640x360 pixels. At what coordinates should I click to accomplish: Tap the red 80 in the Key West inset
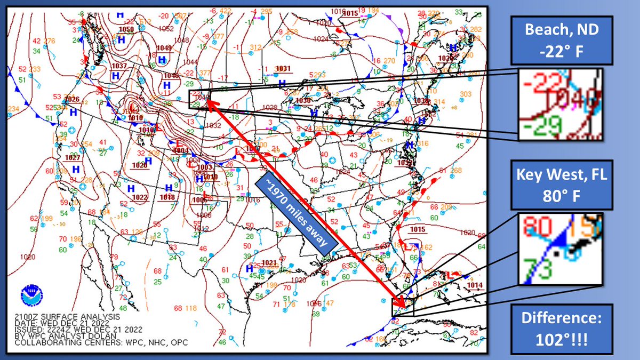[537, 227]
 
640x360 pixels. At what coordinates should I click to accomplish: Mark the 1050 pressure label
[127, 29]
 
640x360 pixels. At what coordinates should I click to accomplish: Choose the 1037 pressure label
[119, 66]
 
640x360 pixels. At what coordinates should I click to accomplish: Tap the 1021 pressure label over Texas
[270, 262]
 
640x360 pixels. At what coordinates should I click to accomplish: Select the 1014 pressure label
[474, 285]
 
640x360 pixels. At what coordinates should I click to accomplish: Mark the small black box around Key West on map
[402, 307]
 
